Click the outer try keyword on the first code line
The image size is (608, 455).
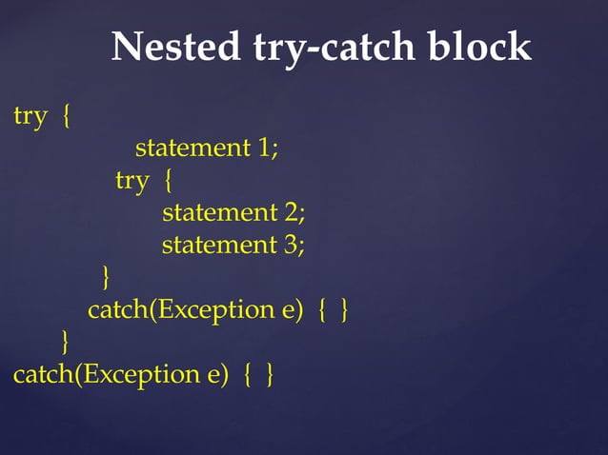(x=30, y=117)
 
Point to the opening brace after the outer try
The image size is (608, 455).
(x=66, y=118)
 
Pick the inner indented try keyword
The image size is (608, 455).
(x=132, y=180)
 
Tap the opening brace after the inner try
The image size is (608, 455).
(x=168, y=181)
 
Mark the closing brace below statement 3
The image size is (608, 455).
(x=106, y=277)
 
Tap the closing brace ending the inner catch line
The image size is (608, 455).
(x=344, y=310)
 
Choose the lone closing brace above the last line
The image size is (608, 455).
(x=65, y=341)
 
